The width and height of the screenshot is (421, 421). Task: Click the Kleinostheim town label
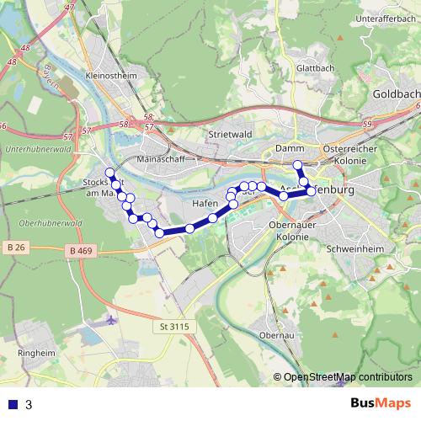click(111, 74)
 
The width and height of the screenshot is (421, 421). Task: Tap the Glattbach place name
click(316, 70)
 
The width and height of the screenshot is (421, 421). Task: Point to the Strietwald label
click(231, 133)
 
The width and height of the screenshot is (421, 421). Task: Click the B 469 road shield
click(83, 251)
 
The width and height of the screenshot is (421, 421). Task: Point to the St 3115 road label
click(173, 325)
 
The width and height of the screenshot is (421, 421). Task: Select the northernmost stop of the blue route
click(297, 164)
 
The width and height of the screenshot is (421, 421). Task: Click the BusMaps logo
click(381, 404)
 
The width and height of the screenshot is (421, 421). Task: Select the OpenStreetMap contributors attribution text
click(347, 378)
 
